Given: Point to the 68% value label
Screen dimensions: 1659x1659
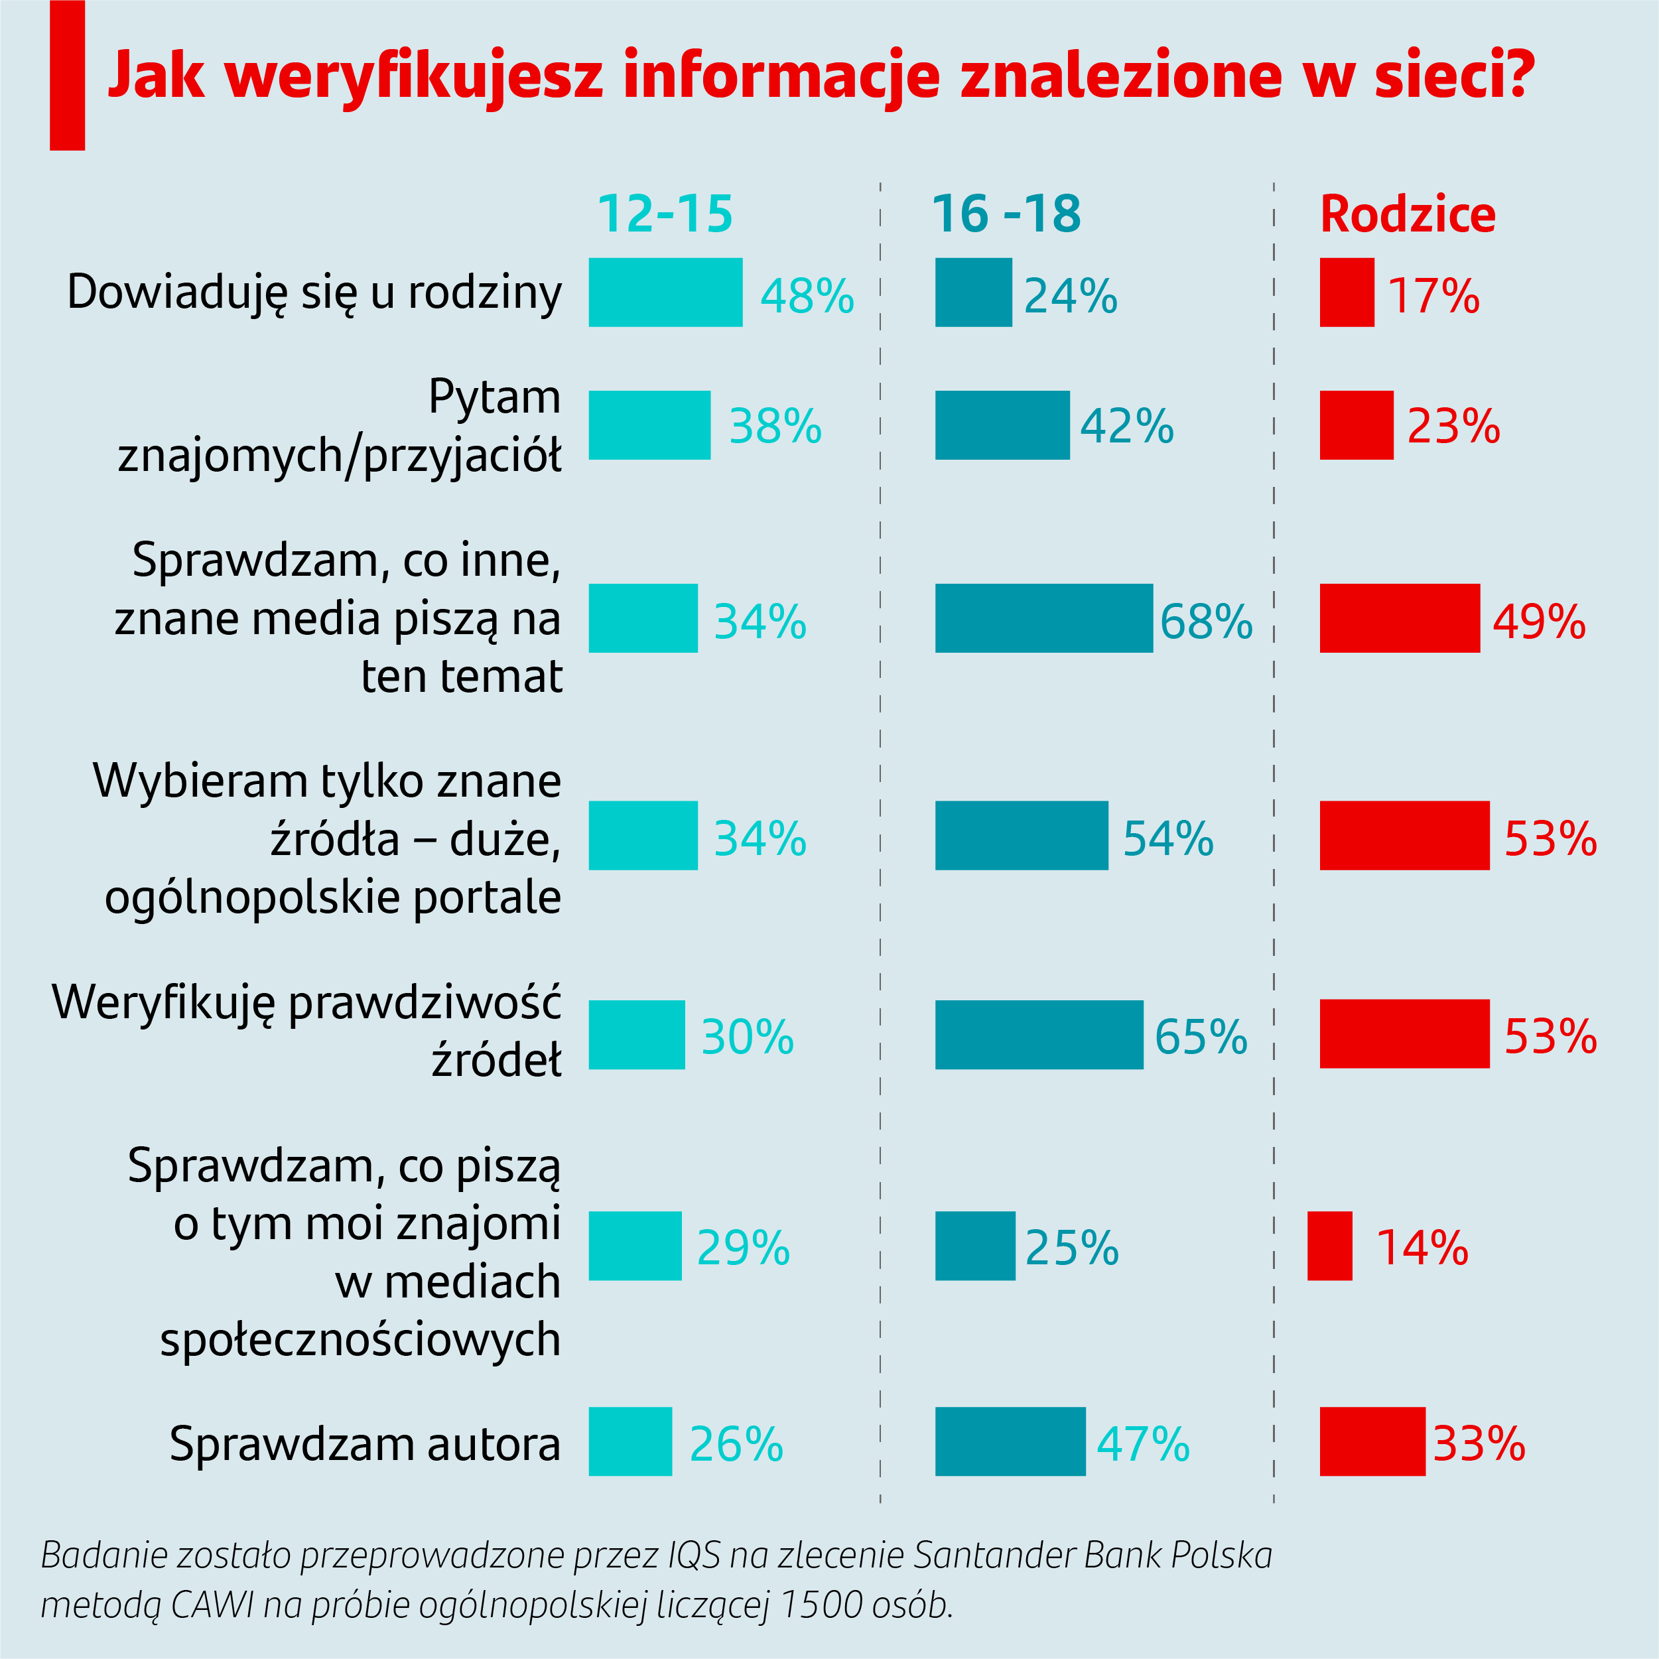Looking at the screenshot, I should pyautogui.click(x=1205, y=621).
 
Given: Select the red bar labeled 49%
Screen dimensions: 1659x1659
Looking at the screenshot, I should pyautogui.click(x=1400, y=618).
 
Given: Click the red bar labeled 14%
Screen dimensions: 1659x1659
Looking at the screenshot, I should pyautogui.click(x=1329, y=1246).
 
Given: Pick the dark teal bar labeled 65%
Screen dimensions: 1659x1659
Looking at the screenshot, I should pyautogui.click(x=1039, y=1035).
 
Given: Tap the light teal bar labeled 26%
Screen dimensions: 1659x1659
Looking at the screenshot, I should pyautogui.click(x=630, y=1441).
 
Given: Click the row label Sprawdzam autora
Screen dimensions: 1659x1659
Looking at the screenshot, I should pyautogui.click(x=365, y=1443).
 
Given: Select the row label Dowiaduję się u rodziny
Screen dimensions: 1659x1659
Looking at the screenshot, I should pyautogui.click(x=314, y=293).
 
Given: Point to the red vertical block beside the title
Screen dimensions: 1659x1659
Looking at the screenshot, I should pyautogui.click(x=67, y=76).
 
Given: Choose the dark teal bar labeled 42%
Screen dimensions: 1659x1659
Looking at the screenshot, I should pyautogui.click(x=1002, y=425).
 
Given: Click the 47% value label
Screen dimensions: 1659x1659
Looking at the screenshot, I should pyautogui.click(x=1143, y=1444).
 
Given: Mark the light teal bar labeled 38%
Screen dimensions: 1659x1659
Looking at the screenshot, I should pyautogui.click(x=649, y=425).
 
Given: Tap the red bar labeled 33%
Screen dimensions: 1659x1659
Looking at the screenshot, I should pyautogui.click(x=1372, y=1441).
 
